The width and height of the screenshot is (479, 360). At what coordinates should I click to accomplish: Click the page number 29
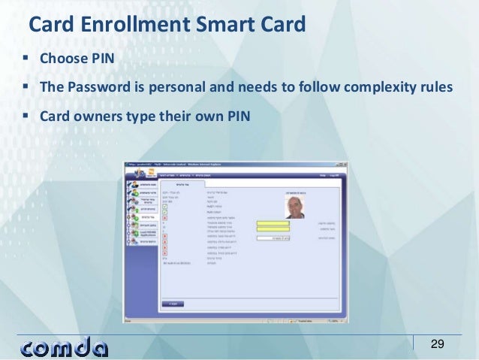coord(437,344)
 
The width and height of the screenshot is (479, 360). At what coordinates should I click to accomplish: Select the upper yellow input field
coord(272,223)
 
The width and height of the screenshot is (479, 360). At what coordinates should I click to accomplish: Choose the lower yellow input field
coord(272,230)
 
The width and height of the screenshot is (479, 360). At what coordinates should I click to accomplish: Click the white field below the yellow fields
coord(272,238)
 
